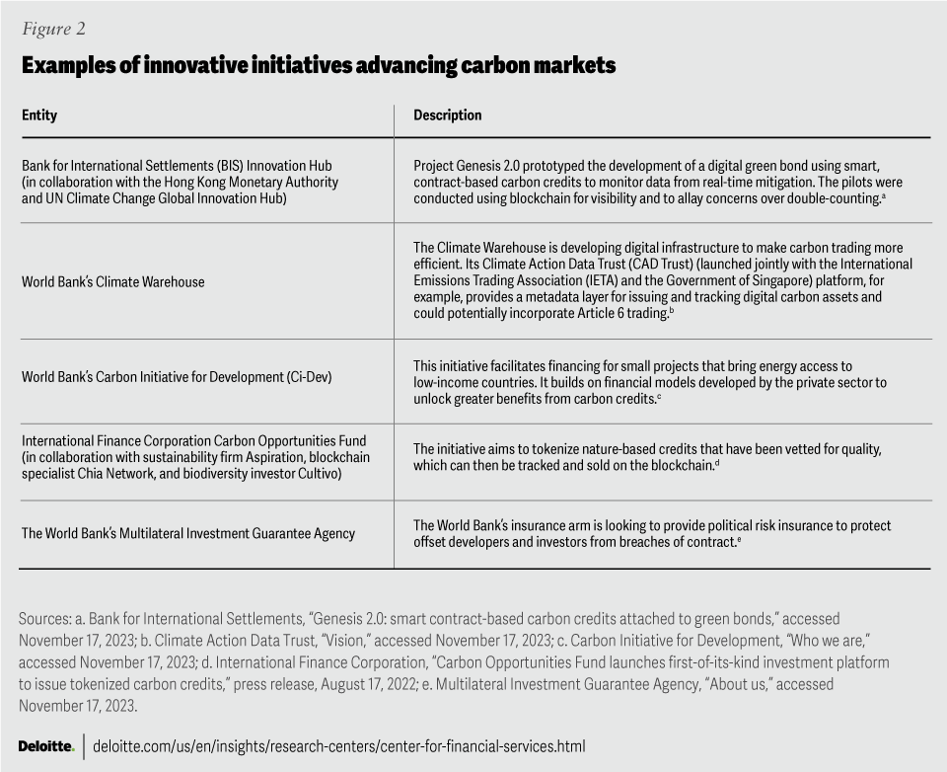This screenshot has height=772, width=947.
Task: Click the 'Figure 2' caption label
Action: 53,29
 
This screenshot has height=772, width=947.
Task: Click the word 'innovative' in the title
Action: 192,65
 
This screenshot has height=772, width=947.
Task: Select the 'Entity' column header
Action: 39,116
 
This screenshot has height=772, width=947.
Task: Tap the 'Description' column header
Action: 447,116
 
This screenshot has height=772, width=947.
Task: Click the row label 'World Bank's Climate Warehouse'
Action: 113,282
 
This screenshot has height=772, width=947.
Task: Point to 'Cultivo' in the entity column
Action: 316,474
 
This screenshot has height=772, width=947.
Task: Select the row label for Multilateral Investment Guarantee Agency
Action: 188,533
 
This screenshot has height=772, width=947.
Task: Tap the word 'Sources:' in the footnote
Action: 44,619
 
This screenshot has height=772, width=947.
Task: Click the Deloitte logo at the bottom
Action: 46,746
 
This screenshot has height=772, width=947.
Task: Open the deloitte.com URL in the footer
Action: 339,746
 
